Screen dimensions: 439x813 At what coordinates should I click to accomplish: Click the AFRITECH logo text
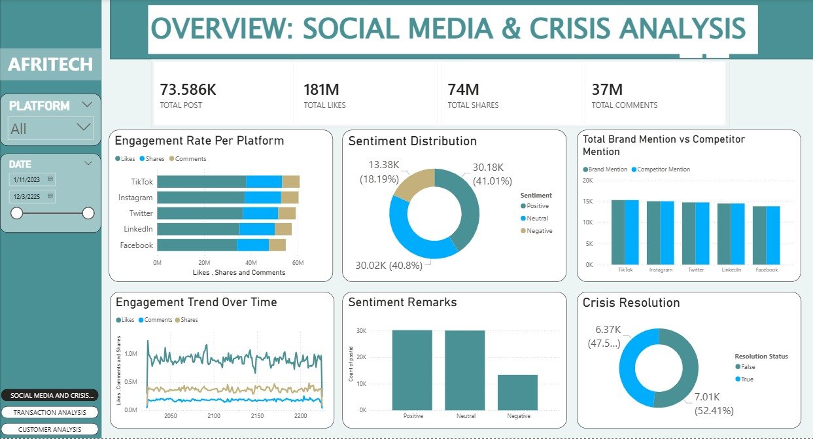click(50, 65)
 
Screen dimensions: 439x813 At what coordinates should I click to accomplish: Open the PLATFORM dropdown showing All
click(50, 128)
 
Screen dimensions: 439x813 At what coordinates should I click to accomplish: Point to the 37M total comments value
click(607, 90)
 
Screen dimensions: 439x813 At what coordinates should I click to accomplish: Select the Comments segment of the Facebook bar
click(277, 245)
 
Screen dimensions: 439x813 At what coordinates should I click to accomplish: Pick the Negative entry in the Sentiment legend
click(539, 230)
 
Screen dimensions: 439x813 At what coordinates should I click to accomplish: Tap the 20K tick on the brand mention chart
click(587, 180)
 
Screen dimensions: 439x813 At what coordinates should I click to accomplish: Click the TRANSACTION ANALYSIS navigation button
click(50, 412)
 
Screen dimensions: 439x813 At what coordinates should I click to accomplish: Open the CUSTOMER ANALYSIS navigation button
click(50, 429)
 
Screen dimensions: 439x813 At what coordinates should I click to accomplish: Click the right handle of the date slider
click(88, 213)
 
